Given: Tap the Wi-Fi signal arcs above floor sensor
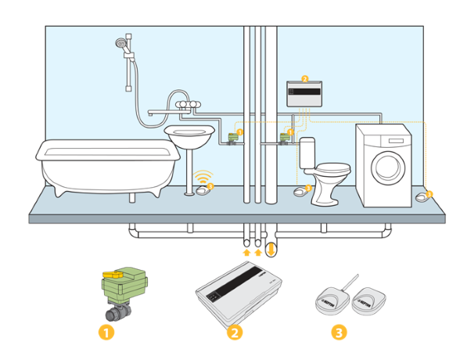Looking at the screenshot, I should [x=203, y=176].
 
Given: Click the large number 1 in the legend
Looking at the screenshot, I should [x=107, y=332].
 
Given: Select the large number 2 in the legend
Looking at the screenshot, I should [x=233, y=332].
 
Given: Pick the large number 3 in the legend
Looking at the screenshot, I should [x=338, y=332].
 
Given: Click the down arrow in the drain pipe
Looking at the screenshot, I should [x=271, y=251].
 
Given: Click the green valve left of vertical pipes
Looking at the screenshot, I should [x=232, y=139].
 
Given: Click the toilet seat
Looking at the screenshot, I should [x=332, y=168].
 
